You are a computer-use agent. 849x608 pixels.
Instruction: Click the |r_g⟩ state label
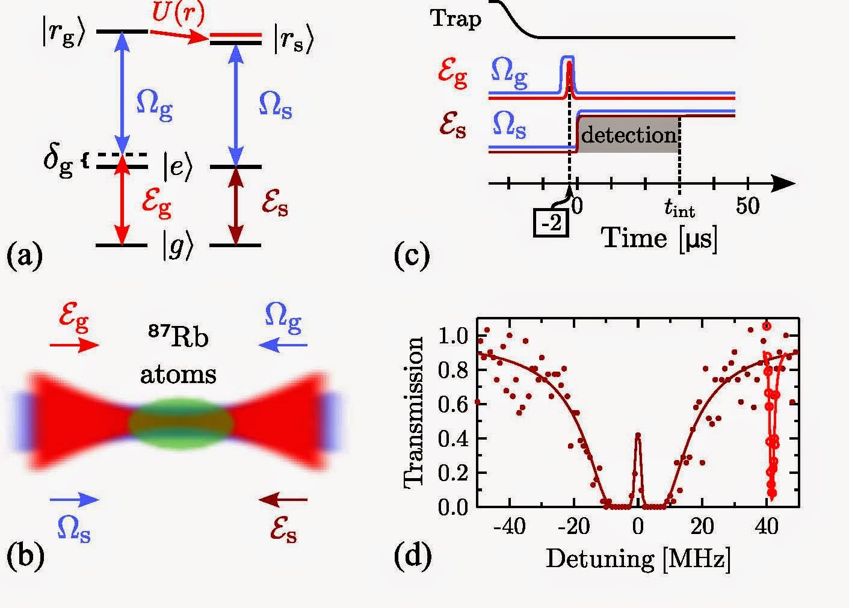click(x=62, y=35)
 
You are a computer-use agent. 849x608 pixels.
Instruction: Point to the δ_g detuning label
click(x=58, y=163)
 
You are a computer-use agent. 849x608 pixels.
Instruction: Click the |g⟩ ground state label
click(x=176, y=247)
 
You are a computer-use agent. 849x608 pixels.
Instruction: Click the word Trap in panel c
click(x=455, y=19)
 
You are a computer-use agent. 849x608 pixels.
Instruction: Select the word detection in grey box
click(x=628, y=135)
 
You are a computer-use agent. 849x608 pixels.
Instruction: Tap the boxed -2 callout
click(x=551, y=224)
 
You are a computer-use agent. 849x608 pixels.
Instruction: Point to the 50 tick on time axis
click(x=747, y=207)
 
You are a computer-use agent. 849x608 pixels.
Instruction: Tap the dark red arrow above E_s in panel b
click(x=282, y=499)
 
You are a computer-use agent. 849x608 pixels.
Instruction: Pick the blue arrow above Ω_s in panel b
click(x=74, y=499)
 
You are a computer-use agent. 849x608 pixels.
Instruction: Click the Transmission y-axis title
click(x=413, y=412)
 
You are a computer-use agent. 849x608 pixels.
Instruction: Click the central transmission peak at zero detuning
click(x=638, y=435)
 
